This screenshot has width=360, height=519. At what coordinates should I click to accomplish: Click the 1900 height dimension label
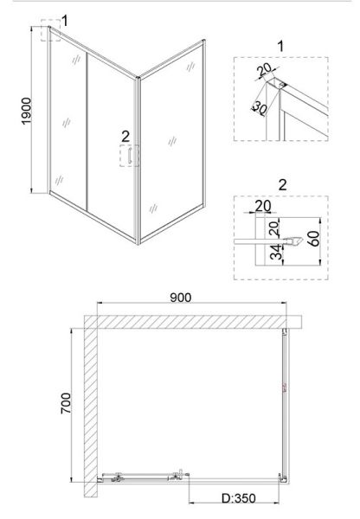tap(26, 111)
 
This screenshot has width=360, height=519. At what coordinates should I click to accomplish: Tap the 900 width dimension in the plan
tap(181, 298)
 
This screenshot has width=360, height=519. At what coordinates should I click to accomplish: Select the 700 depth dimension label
tap(66, 403)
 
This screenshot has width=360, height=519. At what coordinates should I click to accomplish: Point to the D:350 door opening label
tap(239, 498)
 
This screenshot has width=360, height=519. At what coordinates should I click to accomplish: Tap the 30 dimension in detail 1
tap(260, 108)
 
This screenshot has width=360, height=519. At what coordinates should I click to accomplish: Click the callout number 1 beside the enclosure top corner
tap(65, 21)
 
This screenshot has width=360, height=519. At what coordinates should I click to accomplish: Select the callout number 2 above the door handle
tap(125, 137)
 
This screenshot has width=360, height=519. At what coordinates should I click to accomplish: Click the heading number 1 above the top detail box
tap(281, 47)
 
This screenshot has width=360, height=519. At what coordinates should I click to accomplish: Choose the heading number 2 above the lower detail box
tap(282, 185)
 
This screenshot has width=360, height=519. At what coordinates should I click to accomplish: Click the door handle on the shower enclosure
tap(130, 156)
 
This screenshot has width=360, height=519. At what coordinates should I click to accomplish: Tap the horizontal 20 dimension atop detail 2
tap(263, 206)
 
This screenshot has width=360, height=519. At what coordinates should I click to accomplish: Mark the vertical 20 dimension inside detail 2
tap(274, 228)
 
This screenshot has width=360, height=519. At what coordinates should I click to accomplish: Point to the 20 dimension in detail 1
tap(265, 69)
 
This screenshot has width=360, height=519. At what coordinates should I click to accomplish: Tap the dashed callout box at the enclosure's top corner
tap(51, 30)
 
